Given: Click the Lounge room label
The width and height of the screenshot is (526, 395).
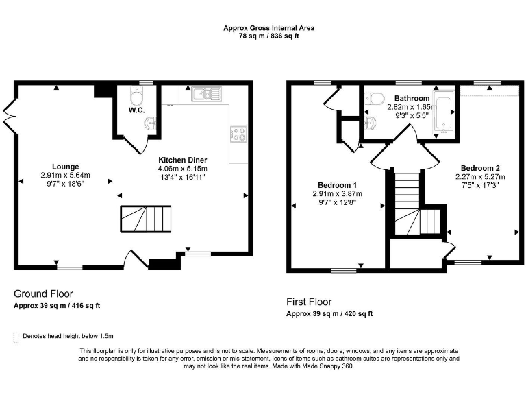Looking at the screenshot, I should click(65, 166).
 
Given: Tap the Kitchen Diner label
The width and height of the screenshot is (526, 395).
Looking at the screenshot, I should click(182, 160).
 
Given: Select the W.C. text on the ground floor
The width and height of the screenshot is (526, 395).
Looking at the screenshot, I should click(136, 110).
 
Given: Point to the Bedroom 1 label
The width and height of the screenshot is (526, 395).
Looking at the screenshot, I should click(336, 184).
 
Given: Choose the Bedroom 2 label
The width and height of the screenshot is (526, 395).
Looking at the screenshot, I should click(480, 168).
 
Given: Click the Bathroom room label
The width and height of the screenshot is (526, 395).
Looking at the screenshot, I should click(412, 99).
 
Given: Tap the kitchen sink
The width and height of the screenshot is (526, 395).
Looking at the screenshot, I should click(204, 94).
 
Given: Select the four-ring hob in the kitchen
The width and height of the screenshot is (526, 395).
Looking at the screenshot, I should click(238, 134).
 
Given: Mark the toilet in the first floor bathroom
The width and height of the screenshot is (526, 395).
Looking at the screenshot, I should click(373, 100).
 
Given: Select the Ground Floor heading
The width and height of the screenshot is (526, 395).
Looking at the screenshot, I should click(43, 294).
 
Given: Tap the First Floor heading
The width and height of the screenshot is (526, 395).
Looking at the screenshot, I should click(308, 302).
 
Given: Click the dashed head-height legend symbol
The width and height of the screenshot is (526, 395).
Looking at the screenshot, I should click(16, 336).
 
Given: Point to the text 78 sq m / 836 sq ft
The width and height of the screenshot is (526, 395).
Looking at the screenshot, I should click(264, 36).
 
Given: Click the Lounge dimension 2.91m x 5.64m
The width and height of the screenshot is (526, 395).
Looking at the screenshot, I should click(65, 176).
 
